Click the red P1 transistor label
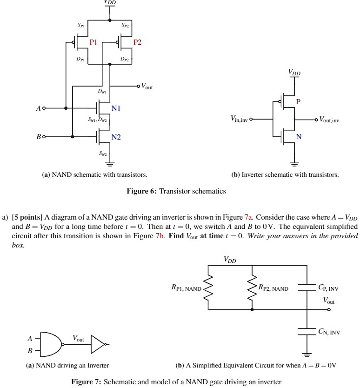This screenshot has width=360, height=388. coord(93,42)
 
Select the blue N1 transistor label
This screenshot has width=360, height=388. coord(116,108)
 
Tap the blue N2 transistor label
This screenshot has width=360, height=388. coord(116,137)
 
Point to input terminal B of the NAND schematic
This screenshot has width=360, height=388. coord(44,137)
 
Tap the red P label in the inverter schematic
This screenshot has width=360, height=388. coord(298,102)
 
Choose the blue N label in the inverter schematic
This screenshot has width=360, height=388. coord(299,137)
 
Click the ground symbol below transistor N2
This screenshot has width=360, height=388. coord(110,163)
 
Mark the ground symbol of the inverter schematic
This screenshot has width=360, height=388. coord(294,163)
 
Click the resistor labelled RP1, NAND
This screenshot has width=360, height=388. coord(208,288)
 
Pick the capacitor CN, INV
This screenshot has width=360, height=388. coord(307,331)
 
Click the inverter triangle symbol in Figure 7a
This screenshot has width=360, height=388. coord(98,344)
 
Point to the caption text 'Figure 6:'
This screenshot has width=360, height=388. coord(142,191)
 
